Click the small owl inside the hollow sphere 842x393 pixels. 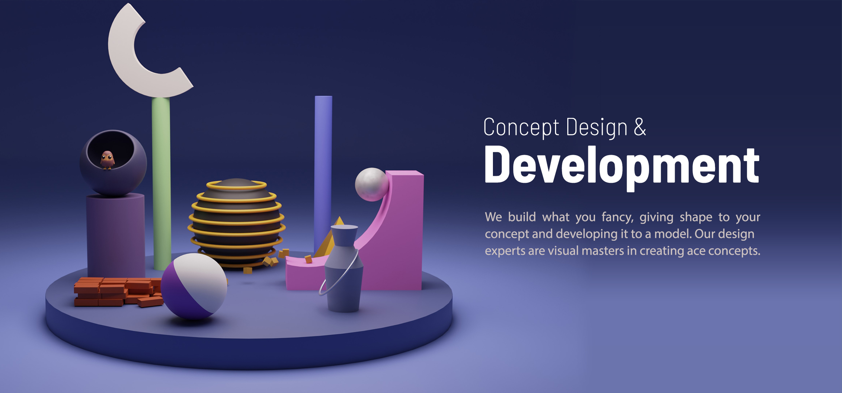coord(107,160)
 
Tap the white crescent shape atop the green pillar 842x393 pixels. coord(126,67)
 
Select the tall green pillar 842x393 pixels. coord(161,182)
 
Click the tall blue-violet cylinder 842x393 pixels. coord(323,168)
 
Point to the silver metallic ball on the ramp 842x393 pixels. coord(372,185)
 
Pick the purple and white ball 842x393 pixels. coord(194,286)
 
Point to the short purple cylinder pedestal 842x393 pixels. coord(116,235)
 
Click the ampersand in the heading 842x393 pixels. coord(640,127)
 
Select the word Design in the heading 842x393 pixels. coord(596,128)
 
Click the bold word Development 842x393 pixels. coord(622,166)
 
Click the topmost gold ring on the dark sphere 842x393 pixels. coord(236,185)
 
